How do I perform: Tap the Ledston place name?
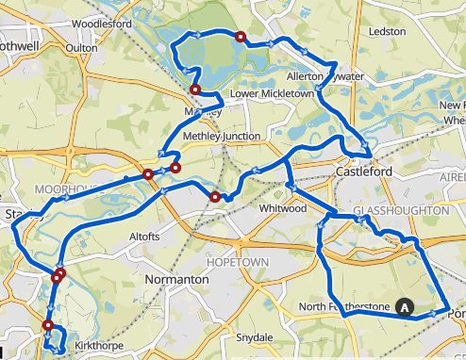coord(387,31)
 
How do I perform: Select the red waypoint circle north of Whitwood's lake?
coord(240,38)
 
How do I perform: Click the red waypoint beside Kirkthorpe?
coord(47,326)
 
